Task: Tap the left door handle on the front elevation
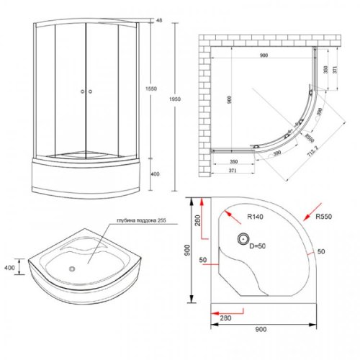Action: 83,92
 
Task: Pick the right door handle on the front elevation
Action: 91,92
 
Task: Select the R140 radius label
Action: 256,215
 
